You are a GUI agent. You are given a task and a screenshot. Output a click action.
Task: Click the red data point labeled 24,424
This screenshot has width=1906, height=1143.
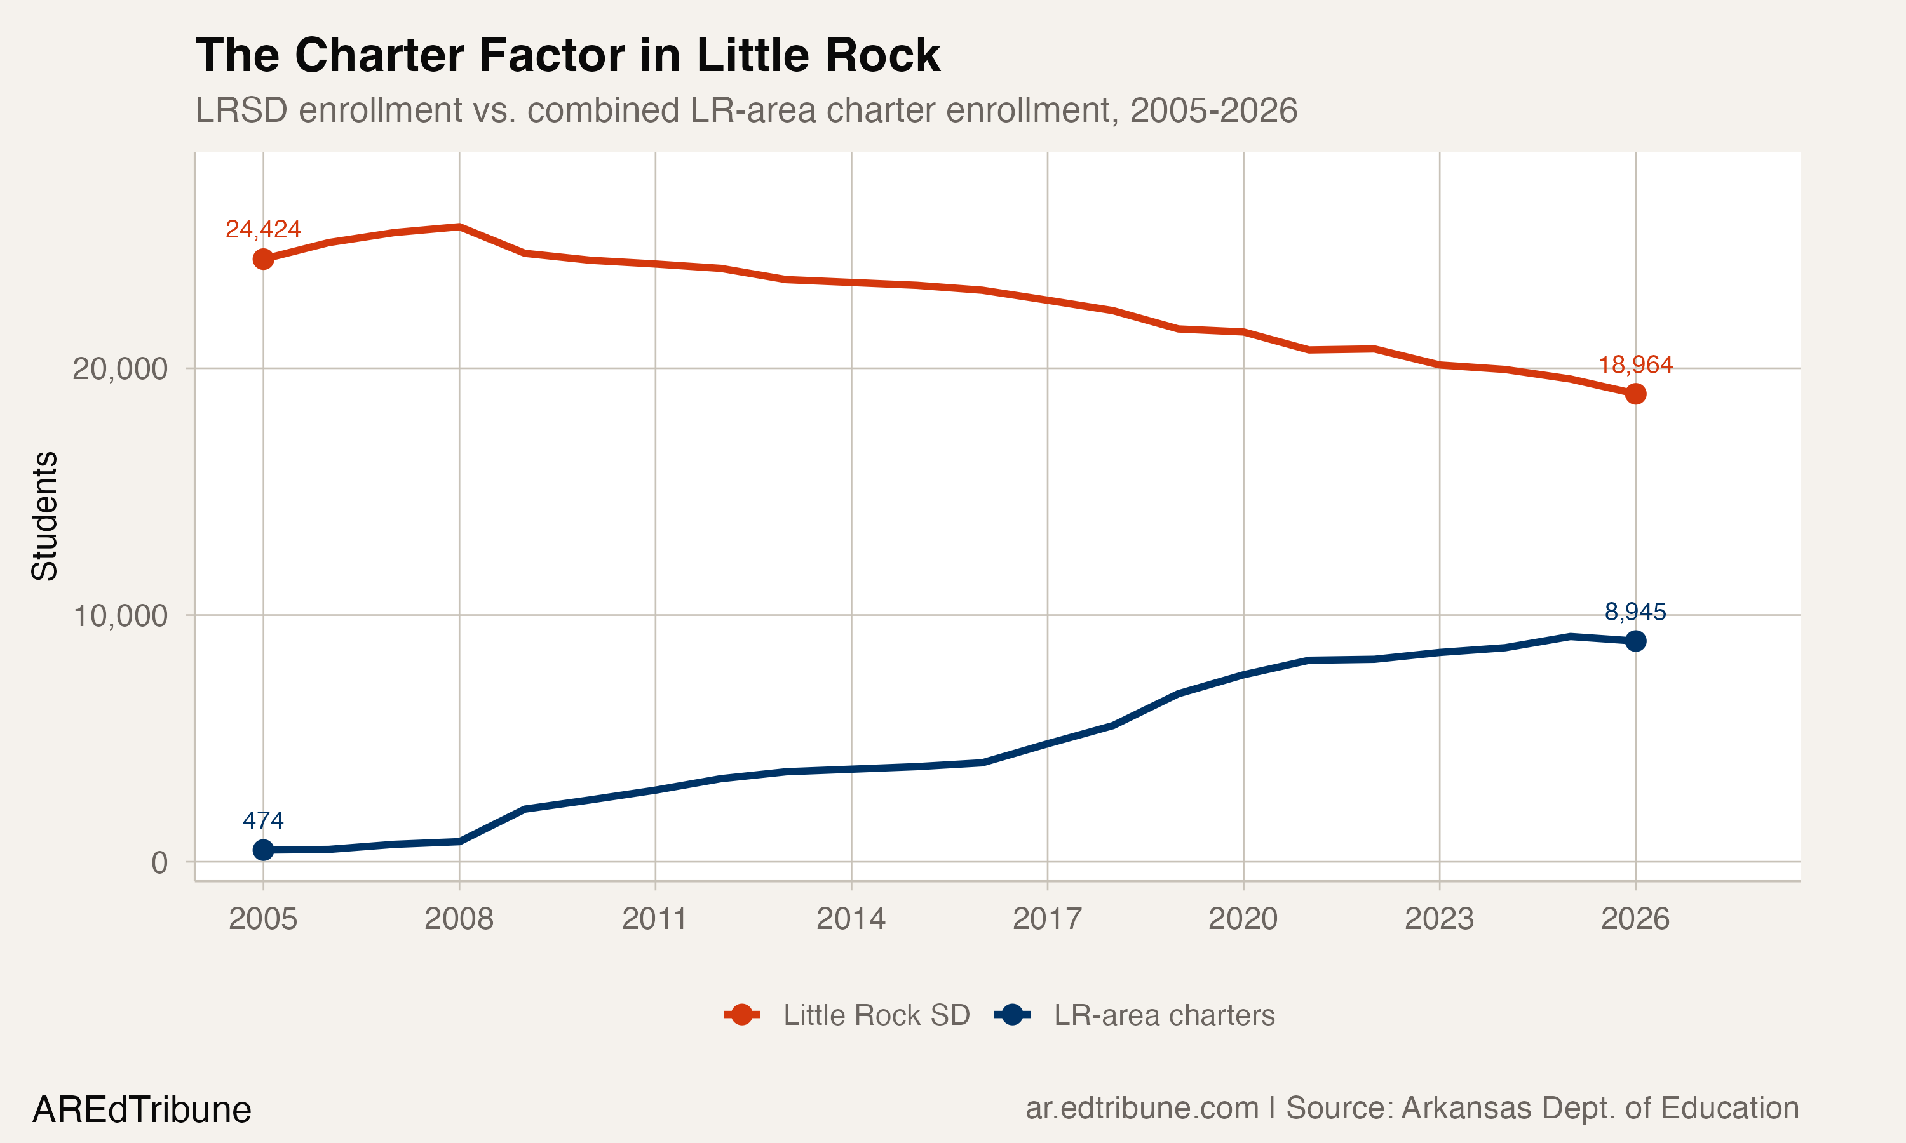point(263,259)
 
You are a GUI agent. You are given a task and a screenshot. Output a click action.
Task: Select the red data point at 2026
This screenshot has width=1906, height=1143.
point(1635,394)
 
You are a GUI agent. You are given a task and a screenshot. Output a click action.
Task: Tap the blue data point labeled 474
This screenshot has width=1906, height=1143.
point(263,850)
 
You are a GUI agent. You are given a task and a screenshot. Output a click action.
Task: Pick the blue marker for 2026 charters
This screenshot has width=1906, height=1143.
point(1635,641)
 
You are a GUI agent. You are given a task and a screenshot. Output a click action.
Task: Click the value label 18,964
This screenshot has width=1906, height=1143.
point(1635,364)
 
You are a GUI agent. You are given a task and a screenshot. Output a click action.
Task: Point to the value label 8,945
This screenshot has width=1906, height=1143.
point(1635,612)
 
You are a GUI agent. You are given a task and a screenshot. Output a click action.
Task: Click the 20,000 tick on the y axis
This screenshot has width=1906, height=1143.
point(119,368)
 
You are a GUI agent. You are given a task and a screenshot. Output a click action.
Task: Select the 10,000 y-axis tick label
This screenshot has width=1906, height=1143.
point(119,615)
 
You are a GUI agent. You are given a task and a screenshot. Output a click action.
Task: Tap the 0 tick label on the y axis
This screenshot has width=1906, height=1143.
point(159,862)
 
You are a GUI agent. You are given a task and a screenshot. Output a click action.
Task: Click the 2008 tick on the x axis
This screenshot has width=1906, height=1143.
point(459,919)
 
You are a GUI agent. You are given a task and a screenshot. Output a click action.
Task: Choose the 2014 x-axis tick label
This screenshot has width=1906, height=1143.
point(851,919)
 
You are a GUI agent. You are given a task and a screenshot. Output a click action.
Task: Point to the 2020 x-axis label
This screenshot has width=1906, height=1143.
point(1243,919)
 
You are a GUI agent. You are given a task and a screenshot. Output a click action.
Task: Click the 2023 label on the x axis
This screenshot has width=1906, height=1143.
point(1438,919)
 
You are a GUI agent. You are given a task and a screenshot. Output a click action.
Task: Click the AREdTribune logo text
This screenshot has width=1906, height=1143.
point(142,1110)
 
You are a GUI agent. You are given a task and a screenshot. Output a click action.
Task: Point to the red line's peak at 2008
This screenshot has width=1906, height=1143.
point(459,227)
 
